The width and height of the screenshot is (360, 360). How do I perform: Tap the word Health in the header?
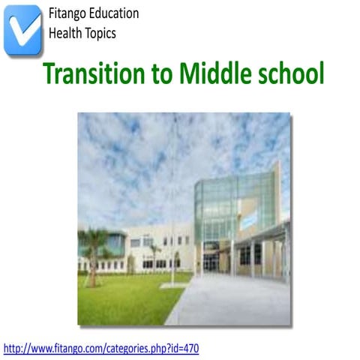point(64,32)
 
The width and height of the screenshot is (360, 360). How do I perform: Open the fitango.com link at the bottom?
point(101,348)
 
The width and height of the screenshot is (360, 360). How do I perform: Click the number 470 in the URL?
point(190,348)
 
